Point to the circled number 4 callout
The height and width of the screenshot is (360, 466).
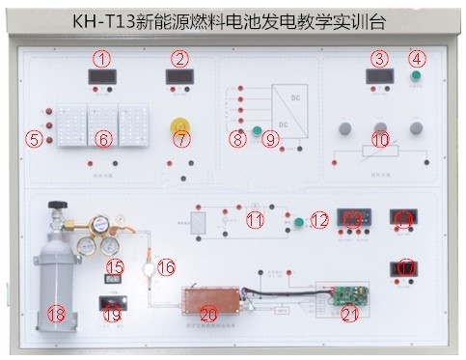pos(417,58)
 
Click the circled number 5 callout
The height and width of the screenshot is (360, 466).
pos(35,139)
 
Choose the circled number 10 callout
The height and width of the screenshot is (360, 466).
pos(380,140)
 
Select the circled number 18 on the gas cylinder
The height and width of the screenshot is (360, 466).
pos(56,314)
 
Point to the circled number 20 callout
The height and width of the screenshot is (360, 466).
pos(208,313)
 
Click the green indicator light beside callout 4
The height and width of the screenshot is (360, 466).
pos(417,76)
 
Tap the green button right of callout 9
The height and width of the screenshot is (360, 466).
pos(258,130)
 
